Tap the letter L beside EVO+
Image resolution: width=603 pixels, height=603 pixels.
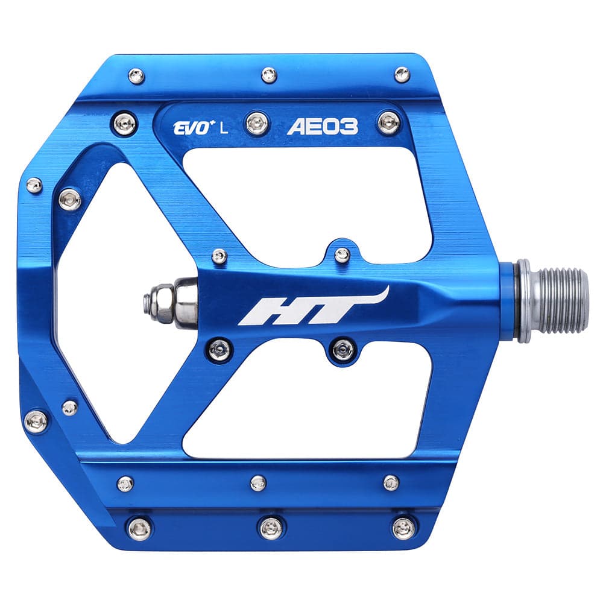coord(224,127)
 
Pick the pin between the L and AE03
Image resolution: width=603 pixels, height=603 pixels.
coord(257,124)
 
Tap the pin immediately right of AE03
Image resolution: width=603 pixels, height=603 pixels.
coord(389,122)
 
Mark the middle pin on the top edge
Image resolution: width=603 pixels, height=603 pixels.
coord(269,75)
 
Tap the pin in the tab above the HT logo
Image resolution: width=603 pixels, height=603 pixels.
coord(342,254)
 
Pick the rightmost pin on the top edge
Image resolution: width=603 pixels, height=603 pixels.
coord(402,74)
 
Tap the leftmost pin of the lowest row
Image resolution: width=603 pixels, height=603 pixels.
coord(139,528)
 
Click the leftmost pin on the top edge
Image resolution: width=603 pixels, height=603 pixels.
coord(137,75)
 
